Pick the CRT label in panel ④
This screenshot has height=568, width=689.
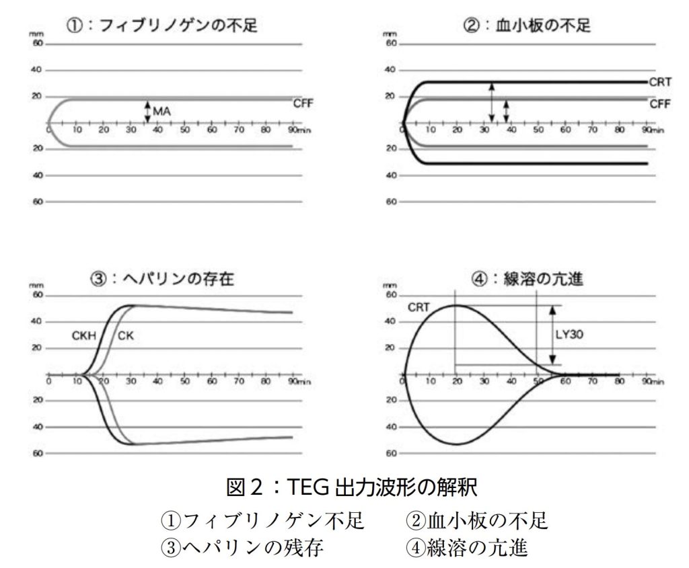click(419, 308)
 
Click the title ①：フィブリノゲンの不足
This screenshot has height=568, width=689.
click(161, 26)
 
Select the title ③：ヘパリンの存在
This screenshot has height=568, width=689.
click(162, 280)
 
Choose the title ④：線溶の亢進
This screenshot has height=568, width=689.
click(527, 280)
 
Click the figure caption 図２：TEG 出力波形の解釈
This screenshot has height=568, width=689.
click(344, 485)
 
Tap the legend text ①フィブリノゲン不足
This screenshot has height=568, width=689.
click(262, 520)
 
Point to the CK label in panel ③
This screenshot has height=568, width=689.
click(125, 335)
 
